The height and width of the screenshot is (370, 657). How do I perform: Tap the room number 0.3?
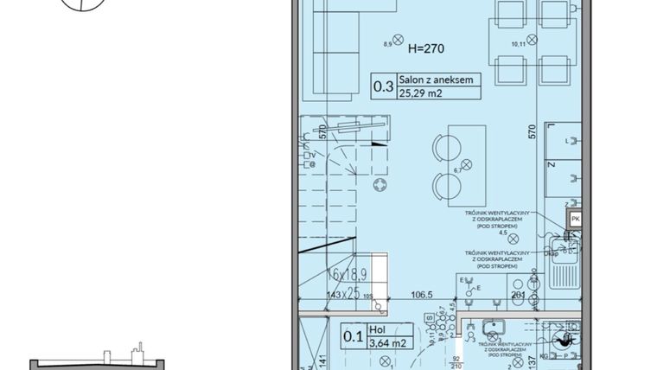tap(383, 86)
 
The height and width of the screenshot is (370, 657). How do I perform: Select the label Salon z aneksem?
tap(436, 79)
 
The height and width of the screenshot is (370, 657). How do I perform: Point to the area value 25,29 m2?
tap(423, 93)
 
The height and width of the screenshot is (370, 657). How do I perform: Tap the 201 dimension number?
tap(519, 295)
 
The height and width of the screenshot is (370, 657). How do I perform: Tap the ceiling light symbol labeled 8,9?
tap(399, 39)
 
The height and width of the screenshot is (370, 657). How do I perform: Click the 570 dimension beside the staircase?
tap(322, 133)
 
